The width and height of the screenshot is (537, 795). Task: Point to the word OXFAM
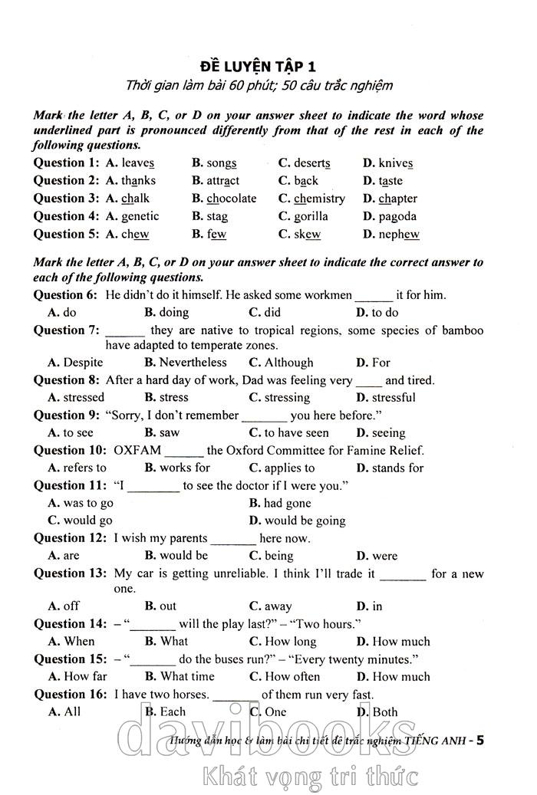[x=137, y=451]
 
